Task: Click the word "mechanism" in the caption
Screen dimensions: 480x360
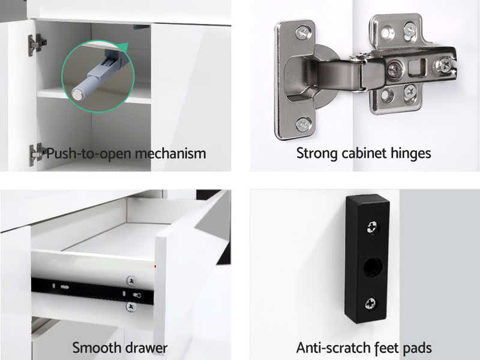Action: coord(170,154)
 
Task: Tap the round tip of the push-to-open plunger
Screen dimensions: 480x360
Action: coord(77,94)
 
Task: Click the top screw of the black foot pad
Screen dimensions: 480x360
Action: coord(373,227)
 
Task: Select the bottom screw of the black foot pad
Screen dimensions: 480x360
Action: coord(371,304)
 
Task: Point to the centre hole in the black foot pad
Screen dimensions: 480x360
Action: coord(373,267)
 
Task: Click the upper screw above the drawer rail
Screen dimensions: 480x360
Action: coord(131,281)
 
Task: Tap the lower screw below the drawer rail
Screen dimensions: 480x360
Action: coord(131,307)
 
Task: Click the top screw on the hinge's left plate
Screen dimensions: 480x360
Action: coord(303,32)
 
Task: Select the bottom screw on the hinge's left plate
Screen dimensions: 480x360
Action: coord(304,124)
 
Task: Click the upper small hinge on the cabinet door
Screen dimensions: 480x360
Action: coord(37,44)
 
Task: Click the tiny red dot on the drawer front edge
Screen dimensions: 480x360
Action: coord(155,266)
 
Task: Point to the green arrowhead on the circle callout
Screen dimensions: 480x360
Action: coord(123,48)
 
